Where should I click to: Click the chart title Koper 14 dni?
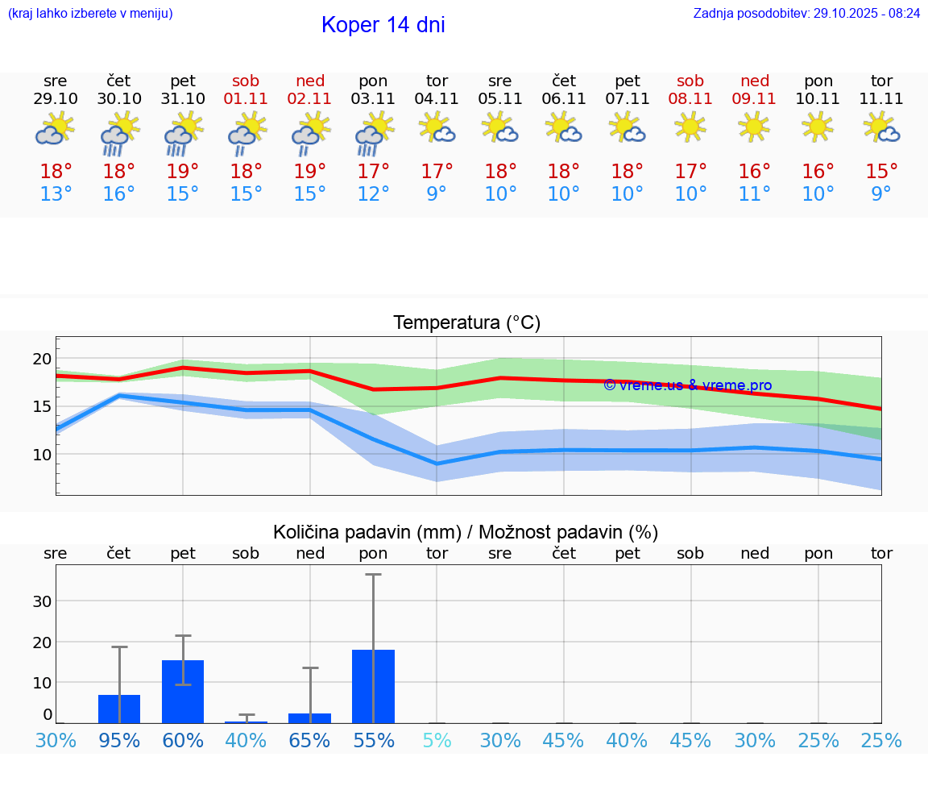click(x=383, y=25)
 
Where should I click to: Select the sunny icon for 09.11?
click(x=754, y=127)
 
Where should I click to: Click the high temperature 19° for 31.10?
click(x=183, y=172)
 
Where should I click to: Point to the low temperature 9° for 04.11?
click(x=437, y=194)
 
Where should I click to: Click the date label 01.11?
click(x=246, y=99)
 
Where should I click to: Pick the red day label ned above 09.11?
click(x=754, y=81)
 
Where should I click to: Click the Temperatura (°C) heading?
click(x=466, y=323)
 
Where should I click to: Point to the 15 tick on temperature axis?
click(x=42, y=406)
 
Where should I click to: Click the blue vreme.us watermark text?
click(x=687, y=385)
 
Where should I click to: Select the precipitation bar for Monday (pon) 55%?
click(x=373, y=686)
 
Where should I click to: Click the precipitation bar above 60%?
click(x=183, y=692)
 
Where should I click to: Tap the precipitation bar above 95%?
click(x=119, y=709)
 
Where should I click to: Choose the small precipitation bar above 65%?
click(x=310, y=718)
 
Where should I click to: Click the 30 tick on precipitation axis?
click(x=42, y=601)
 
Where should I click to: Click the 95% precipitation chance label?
click(x=119, y=741)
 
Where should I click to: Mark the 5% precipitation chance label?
click(x=437, y=741)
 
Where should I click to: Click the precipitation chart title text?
click(x=466, y=532)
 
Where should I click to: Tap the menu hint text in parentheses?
click(x=90, y=14)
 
